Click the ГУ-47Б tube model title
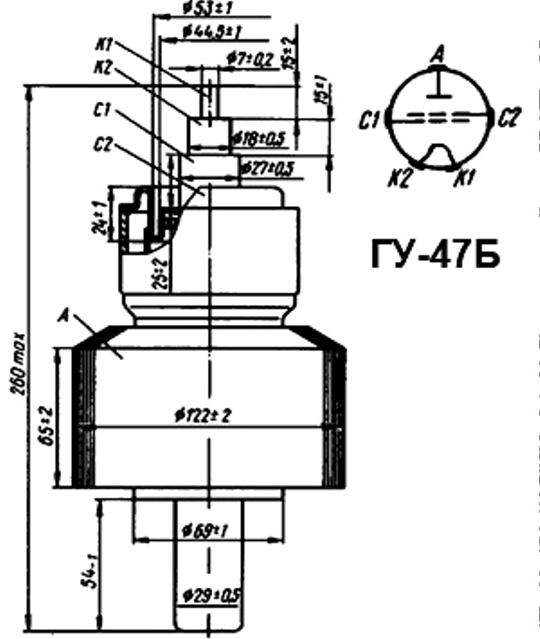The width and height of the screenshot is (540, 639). coord(435,255)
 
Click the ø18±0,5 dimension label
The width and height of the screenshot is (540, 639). coord(257,139)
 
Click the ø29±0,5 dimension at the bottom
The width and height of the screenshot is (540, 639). coord(209,597)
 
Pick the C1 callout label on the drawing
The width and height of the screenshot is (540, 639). coord(102,111)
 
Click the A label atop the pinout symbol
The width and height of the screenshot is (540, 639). coord(438,55)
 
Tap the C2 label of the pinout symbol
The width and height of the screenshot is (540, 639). coord(508,118)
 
